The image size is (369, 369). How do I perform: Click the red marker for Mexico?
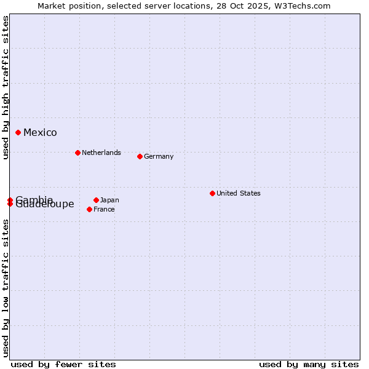18,132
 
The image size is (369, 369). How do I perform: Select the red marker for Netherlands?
77,153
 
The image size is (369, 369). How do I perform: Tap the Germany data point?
140,156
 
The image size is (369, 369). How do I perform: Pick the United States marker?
212,193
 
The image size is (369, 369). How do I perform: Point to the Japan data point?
96,200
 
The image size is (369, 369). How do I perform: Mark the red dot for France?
90,209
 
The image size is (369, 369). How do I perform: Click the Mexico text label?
40,133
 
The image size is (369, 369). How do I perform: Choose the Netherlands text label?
101,153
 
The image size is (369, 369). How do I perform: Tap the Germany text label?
159,156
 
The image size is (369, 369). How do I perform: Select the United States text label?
239,193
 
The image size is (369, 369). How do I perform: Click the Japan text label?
109,200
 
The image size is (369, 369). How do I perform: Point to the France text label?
105,209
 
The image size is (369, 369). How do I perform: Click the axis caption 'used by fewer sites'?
63,364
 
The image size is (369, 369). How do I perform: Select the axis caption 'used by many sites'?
309,364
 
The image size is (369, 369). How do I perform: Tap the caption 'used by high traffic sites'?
6,87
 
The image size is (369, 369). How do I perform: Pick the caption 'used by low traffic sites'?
6,288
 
